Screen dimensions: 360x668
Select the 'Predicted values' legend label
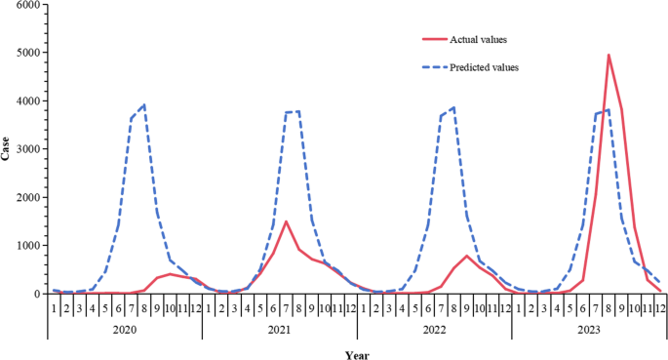(484, 67)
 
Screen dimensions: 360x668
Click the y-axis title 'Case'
(7, 149)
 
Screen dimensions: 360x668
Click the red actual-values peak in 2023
(609, 55)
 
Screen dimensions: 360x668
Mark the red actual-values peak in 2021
(286, 221)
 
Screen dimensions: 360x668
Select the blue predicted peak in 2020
(144, 105)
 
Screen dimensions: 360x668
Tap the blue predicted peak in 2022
(453, 107)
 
